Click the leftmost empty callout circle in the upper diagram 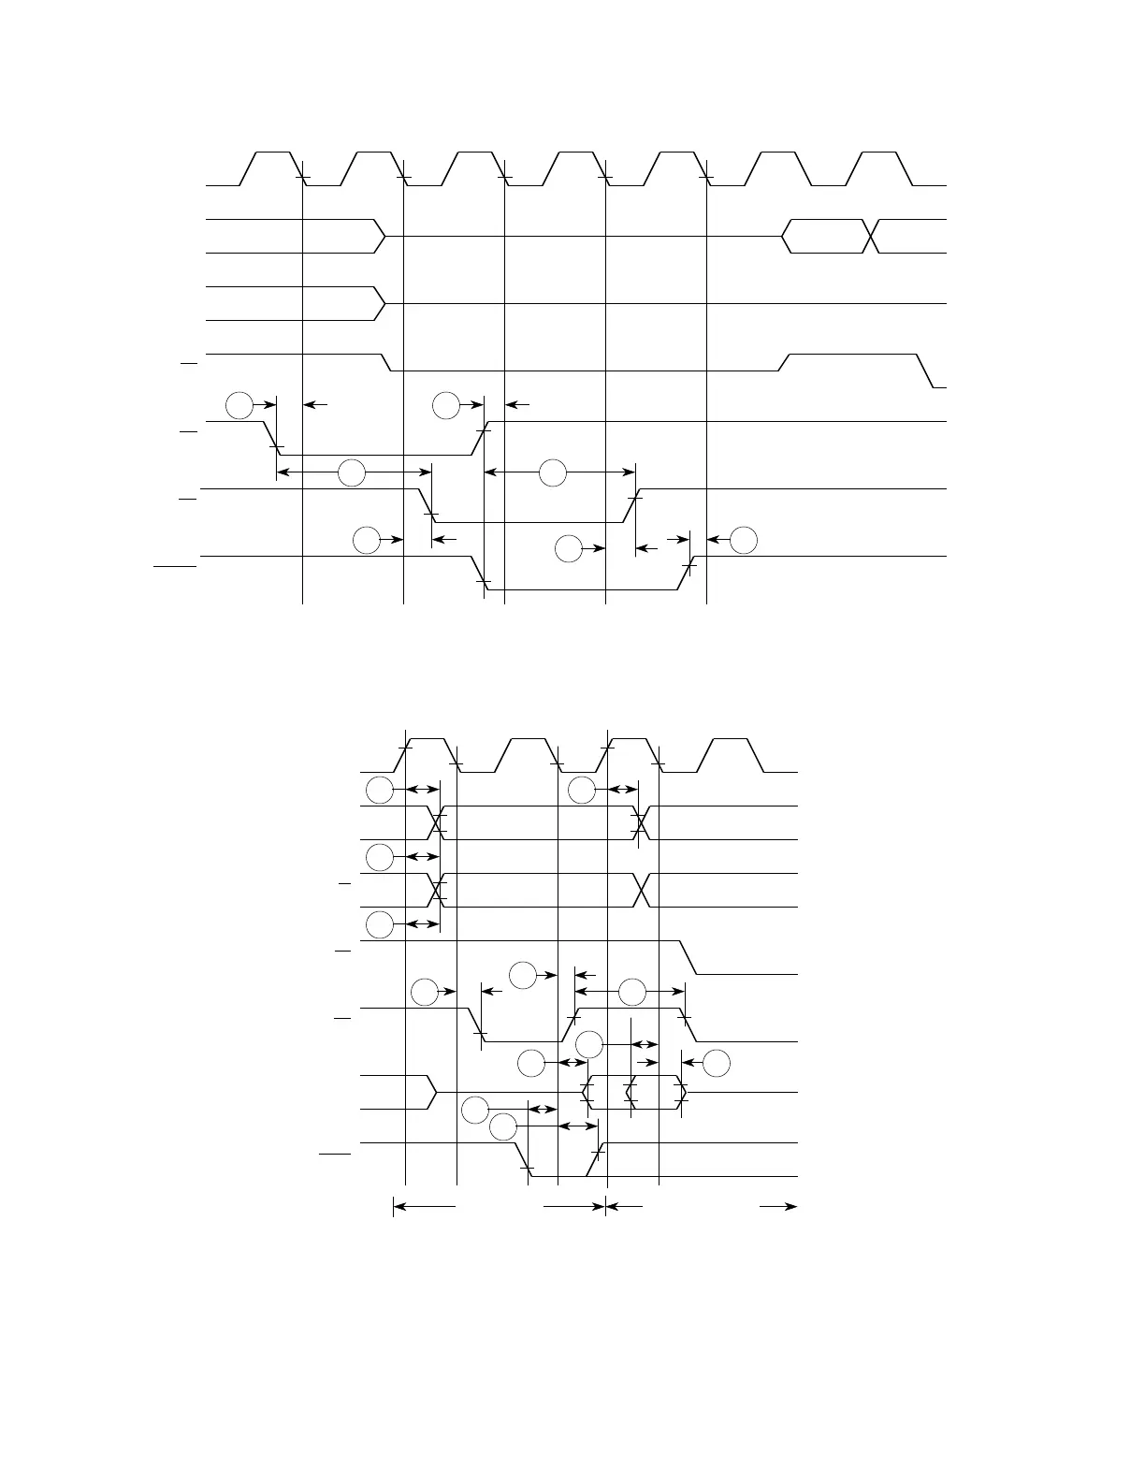pyautogui.click(x=240, y=405)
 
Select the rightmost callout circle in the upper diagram pyautogui.click(x=744, y=540)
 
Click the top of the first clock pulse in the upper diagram pyautogui.click(x=272, y=152)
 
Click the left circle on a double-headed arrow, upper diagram pyautogui.click(x=352, y=473)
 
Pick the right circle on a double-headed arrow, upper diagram pyautogui.click(x=553, y=473)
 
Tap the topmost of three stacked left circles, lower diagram pyautogui.click(x=379, y=791)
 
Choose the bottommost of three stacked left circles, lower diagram pyautogui.click(x=379, y=924)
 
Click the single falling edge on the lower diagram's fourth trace pyautogui.click(x=688, y=957)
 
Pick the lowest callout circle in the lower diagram pyautogui.click(x=503, y=1127)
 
